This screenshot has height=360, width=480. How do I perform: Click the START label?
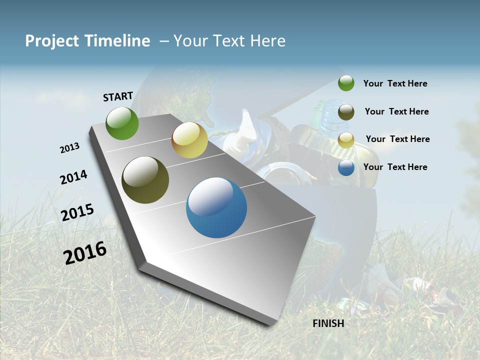pos(118,96)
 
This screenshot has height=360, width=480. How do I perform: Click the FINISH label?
pos(328,323)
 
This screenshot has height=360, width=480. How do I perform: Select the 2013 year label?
pos(69,148)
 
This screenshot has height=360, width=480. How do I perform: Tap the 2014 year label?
pos(73,177)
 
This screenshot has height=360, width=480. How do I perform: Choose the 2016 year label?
pos(85,253)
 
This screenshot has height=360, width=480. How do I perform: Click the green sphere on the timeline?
pos(122,123)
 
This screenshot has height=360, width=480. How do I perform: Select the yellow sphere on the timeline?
pos(189,140)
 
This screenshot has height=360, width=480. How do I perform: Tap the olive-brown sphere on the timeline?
pos(145,180)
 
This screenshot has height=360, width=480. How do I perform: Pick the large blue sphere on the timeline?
pos(216,207)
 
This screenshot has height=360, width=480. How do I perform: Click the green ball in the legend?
pos(346,83)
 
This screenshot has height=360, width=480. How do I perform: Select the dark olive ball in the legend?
pos(346,112)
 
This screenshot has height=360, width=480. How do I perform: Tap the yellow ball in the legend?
pos(346,140)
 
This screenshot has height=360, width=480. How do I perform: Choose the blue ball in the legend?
pos(346,167)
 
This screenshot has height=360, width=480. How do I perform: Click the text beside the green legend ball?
pos(395,84)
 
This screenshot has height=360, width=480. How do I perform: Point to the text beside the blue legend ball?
pos(395,167)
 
